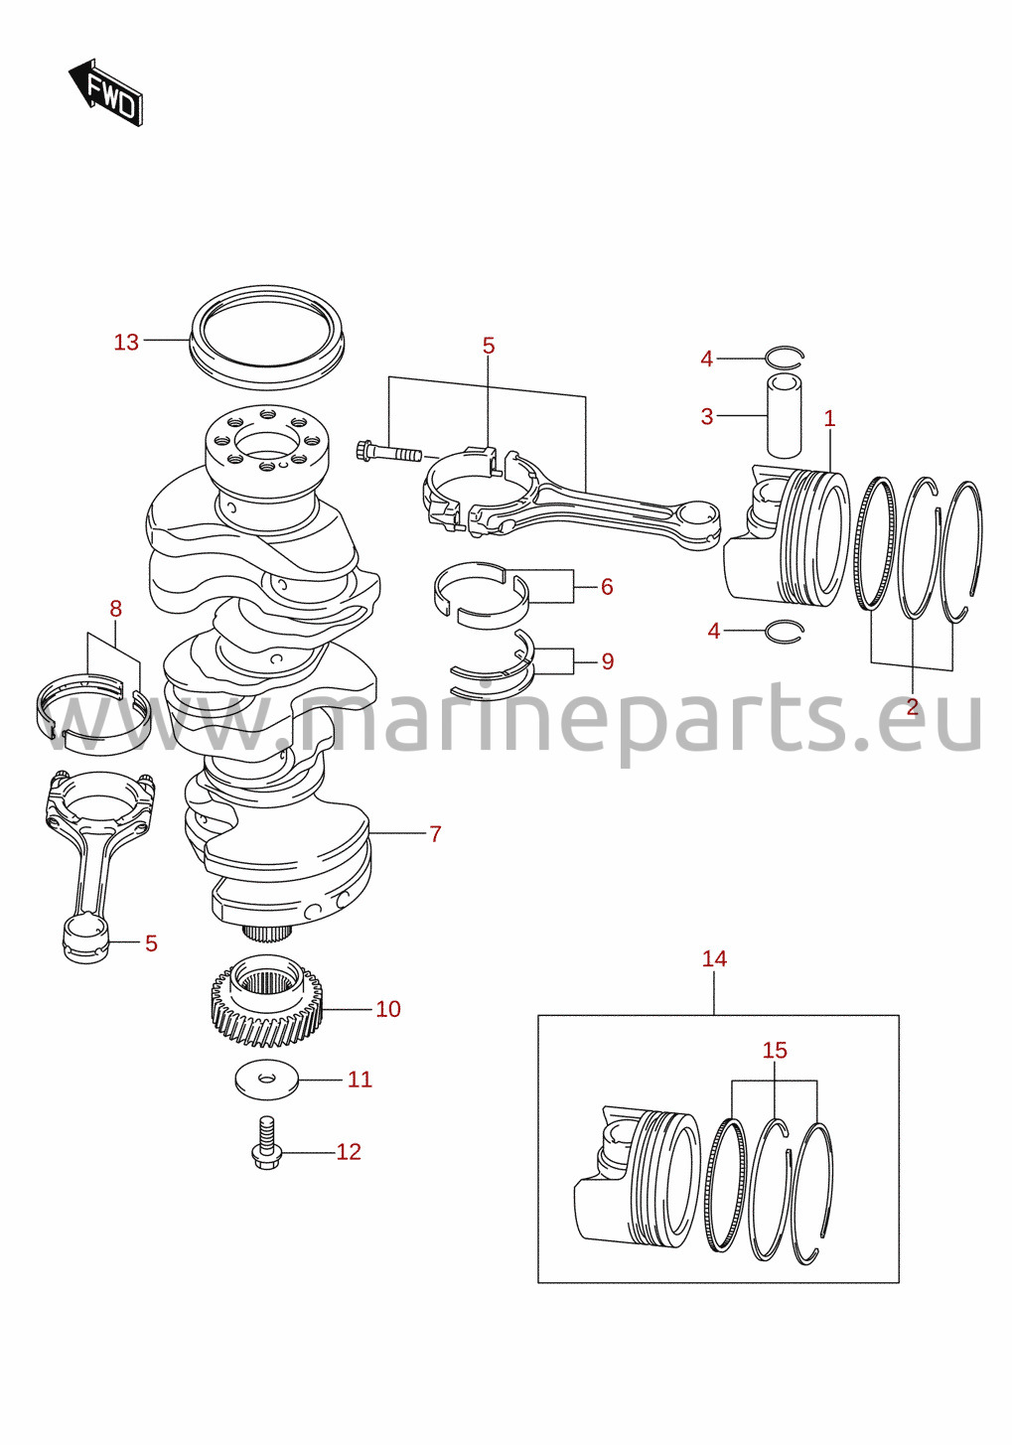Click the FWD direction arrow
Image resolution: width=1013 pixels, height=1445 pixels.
tap(105, 92)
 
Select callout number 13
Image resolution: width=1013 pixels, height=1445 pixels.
tap(126, 342)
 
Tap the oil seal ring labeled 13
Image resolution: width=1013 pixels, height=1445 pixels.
tap(266, 338)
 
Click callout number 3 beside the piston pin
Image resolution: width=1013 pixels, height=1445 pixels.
tap(707, 417)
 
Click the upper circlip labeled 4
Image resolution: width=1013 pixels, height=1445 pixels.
tap(785, 357)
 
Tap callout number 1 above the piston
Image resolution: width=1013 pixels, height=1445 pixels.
tap(829, 419)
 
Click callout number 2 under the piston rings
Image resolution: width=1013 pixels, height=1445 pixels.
tap(912, 707)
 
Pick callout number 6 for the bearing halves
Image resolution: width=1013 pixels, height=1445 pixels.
tap(607, 586)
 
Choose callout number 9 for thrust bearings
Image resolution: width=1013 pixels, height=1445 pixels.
tap(607, 661)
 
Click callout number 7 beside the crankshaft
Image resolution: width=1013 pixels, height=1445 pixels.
tap(436, 834)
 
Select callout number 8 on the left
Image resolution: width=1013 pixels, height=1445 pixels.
tap(115, 609)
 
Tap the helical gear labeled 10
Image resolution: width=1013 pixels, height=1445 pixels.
tap(266, 1009)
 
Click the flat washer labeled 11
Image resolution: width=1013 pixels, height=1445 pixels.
tap(266, 1081)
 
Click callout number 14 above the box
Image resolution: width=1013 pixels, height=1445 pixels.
tap(714, 959)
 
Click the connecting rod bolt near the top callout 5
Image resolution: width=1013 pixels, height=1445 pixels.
tap(387, 452)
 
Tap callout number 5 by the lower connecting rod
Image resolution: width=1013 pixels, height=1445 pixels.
tap(151, 943)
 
